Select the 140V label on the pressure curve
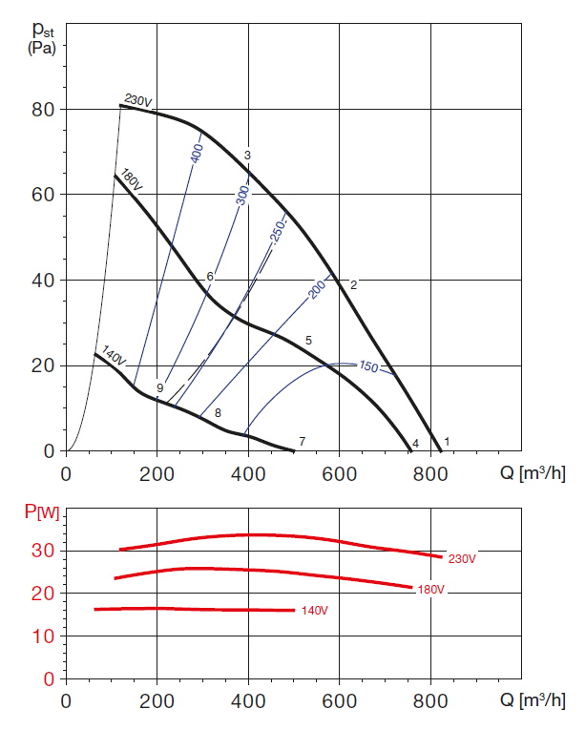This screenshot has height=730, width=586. (113, 358)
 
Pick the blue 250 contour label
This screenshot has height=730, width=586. (277, 233)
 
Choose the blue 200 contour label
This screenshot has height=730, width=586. (318, 288)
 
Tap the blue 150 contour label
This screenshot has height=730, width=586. (369, 366)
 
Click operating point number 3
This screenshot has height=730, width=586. (247, 156)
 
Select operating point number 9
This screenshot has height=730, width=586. (160, 388)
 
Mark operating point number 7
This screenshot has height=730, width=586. (302, 441)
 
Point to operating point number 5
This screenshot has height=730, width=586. (308, 341)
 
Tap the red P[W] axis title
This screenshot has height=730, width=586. (42, 513)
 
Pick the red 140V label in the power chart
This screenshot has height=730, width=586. (315, 610)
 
